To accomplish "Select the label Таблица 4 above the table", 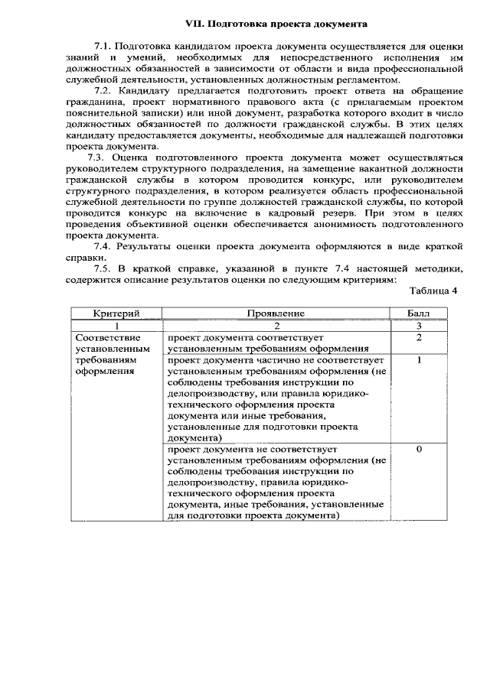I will click(433, 291).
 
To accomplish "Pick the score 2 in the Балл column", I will click(419, 337).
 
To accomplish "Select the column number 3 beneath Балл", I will click(419, 325).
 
